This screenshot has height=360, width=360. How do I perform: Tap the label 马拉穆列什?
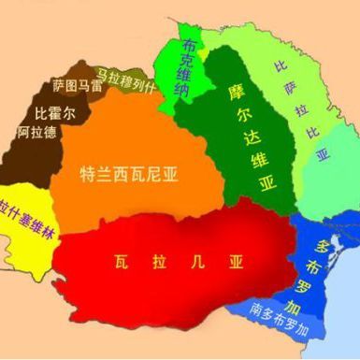128,70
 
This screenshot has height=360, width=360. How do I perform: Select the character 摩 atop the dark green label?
236,94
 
